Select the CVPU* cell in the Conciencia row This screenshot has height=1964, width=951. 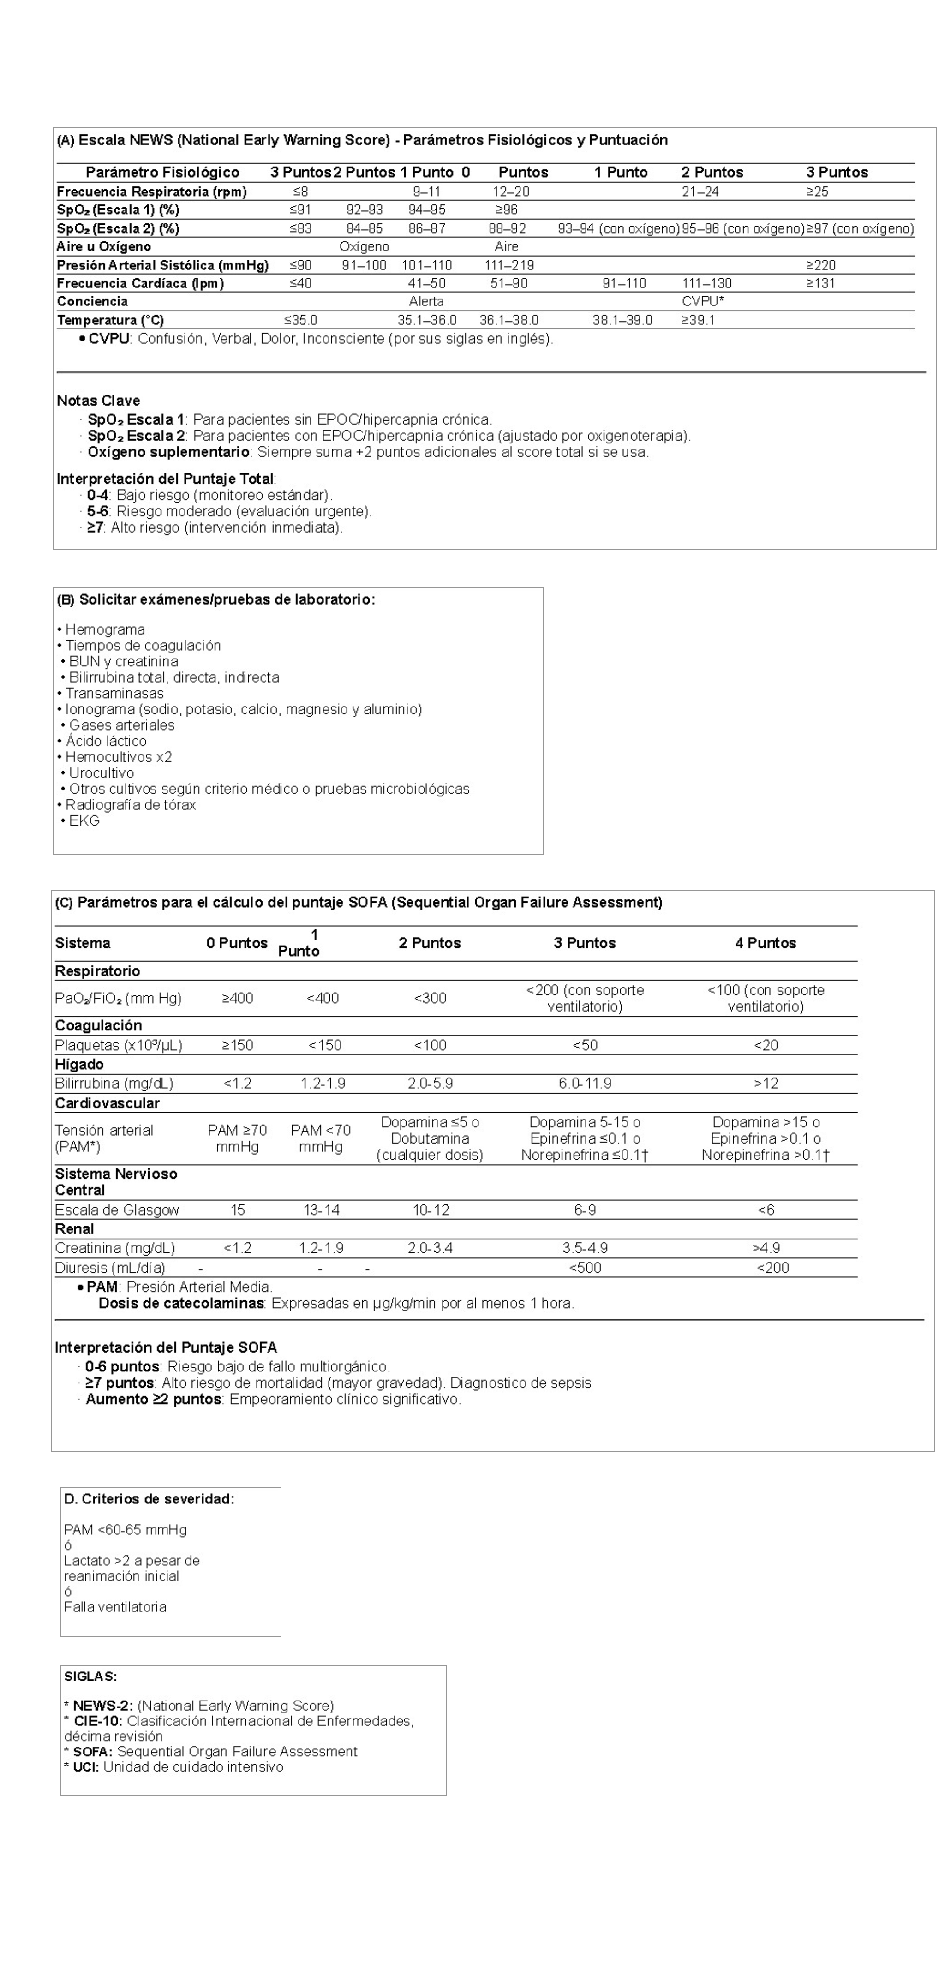(x=702, y=301)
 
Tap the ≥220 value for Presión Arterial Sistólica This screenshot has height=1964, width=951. (x=820, y=265)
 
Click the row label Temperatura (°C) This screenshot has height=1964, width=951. (x=110, y=320)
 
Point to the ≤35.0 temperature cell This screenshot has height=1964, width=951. (x=300, y=320)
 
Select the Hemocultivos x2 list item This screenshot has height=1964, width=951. (x=118, y=757)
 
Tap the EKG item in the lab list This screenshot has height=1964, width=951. (x=84, y=820)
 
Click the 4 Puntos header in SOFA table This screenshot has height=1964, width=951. (x=765, y=943)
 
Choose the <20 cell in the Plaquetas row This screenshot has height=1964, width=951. (x=766, y=1045)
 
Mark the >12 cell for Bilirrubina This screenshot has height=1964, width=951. (x=766, y=1084)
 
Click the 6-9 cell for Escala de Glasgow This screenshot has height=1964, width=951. (x=585, y=1210)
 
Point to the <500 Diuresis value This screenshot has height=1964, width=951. (x=585, y=1268)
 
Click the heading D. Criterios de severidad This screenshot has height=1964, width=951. (x=149, y=1499)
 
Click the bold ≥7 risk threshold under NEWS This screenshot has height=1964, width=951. (x=95, y=527)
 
